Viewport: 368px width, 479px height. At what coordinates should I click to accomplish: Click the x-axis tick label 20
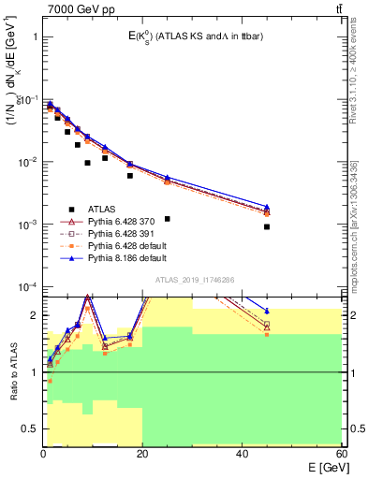point(142,454)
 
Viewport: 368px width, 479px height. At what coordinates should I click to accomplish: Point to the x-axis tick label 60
point(341,454)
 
